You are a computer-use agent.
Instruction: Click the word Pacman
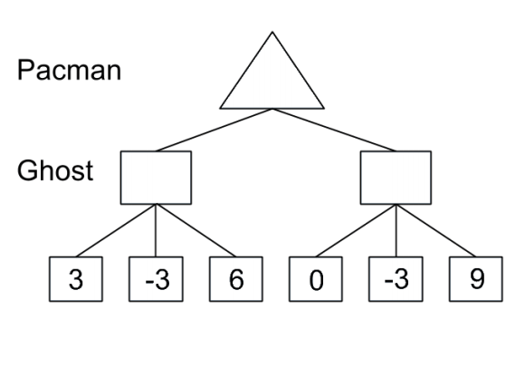[x=69, y=70]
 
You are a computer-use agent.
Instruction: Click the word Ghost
[x=55, y=170]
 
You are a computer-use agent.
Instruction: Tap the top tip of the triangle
[x=272, y=32]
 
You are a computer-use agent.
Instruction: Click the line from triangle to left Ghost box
[x=215, y=130]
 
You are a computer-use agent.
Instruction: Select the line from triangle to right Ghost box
[x=334, y=130]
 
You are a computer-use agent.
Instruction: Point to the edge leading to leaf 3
[x=116, y=230]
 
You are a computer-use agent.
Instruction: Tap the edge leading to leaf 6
[x=196, y=230]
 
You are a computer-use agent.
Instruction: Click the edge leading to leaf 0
[x=356, y=230]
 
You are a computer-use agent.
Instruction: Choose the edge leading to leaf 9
[x=436, y=230]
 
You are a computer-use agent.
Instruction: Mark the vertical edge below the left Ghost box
[x=156, y=230]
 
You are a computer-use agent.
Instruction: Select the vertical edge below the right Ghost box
[x=396, y=230]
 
